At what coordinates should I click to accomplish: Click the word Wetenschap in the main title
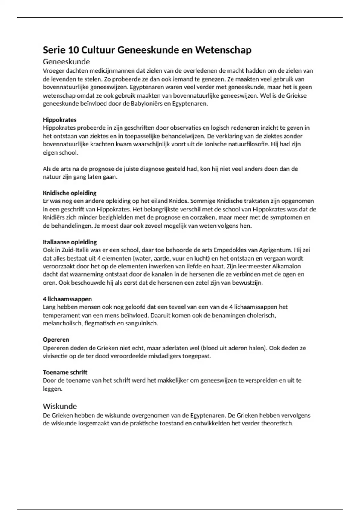tap(223, 50)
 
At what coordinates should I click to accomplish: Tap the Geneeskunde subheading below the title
tap(66, 62)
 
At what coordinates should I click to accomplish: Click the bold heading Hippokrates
tap(60, 120)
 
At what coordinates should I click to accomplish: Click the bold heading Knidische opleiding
tap(70, 193)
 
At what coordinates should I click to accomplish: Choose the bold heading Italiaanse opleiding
tap(70, 242)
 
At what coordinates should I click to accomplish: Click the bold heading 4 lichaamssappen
tap(67, 299)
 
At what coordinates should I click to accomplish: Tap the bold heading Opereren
tap(56, 340)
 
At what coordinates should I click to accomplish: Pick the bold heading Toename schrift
tap(65, 372)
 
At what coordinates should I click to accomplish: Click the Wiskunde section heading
tap(60, 406)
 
